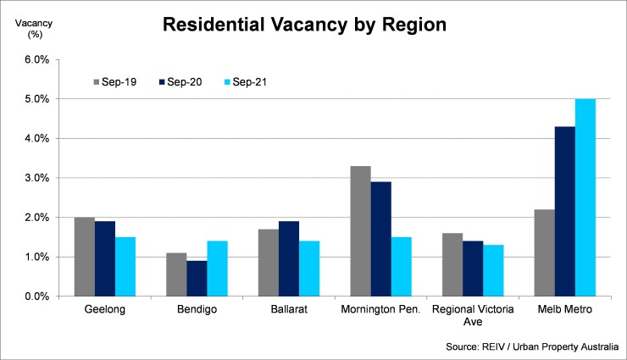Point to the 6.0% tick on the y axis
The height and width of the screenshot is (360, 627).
coord(36,59)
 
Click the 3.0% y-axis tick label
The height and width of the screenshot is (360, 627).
coord(36,178)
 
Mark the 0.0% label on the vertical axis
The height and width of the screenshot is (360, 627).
coord(36,296)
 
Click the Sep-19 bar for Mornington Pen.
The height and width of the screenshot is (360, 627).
coord(360,231)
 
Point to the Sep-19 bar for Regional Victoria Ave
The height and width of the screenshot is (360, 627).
coord(452,265)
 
